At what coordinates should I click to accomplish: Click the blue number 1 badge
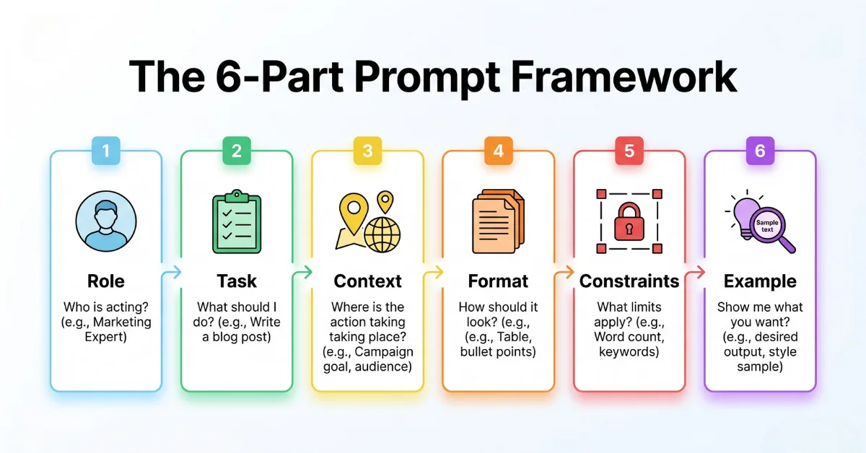click(x=106, y=151)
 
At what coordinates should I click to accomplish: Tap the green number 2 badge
click(x=237, y=151)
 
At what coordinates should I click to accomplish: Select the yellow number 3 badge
click(x=367, y=151)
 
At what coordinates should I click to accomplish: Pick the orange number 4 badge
click(x=498, y=151)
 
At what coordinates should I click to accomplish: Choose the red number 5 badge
click(x=629, y=151)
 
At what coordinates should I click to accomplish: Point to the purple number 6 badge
click(x=759, y=151)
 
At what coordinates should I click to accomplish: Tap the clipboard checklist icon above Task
click(x=237, y=222)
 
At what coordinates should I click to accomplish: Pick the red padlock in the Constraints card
click(x=629, y=223)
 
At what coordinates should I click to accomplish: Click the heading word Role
click(x=106, y=281)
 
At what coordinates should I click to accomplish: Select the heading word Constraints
click(x=629, y=281)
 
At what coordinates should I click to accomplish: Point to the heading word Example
click(x=760, y=281)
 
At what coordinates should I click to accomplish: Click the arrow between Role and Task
click(x=171, y=273)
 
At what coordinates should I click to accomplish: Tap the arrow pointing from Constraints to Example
click(x=694, y=273)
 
